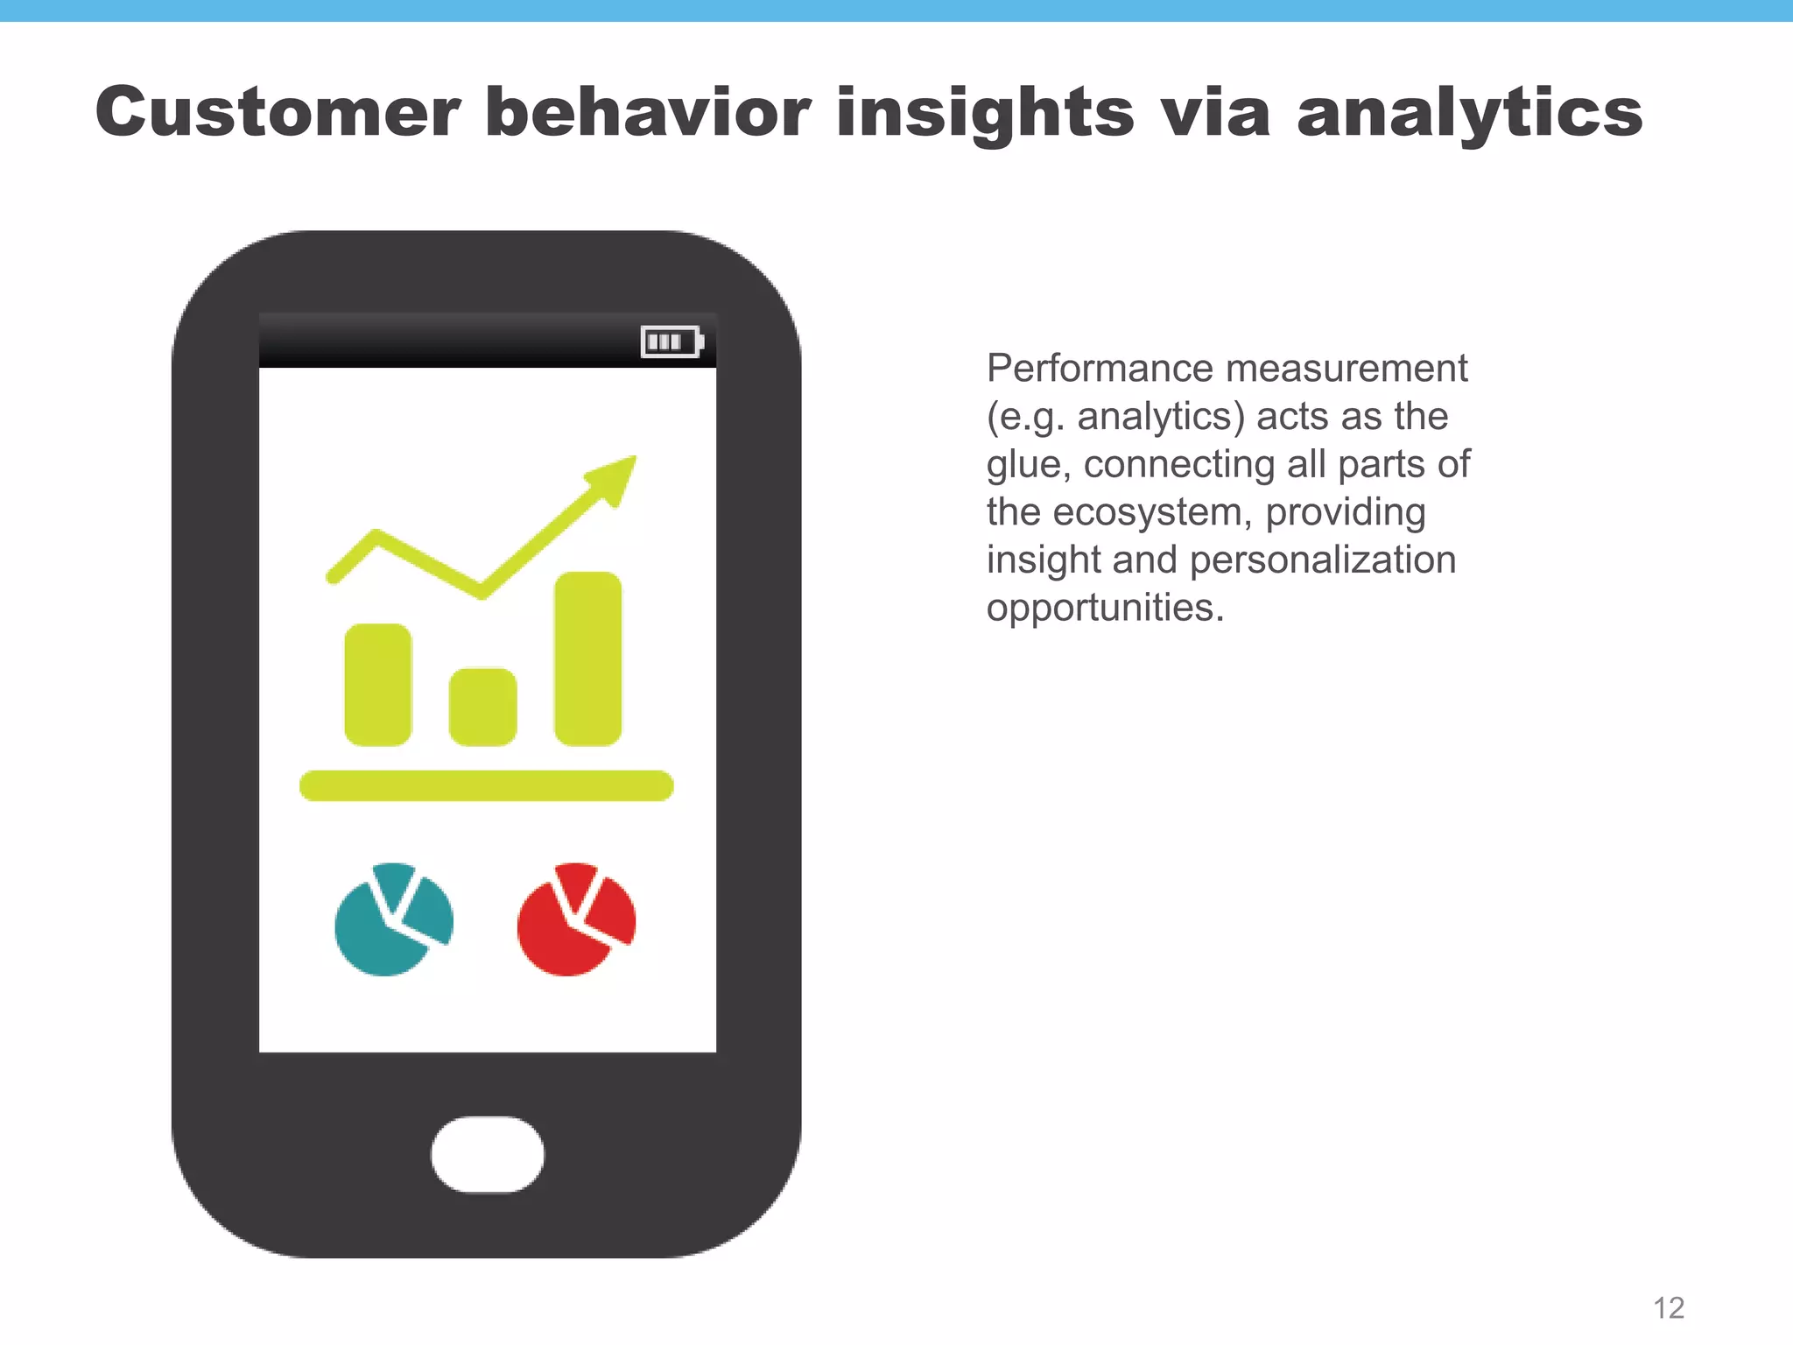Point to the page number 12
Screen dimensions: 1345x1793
pos(1669,1307)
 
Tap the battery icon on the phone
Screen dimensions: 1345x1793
pos(671,342)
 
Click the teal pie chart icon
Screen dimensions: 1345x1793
pos(394,920)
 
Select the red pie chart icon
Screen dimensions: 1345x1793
pos(576,920)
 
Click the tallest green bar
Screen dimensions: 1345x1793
pos(587,658)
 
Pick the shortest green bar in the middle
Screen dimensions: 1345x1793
pos(482,707)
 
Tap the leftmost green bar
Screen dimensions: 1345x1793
pos(377,685)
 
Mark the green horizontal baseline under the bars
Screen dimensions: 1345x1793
pos(486,785)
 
